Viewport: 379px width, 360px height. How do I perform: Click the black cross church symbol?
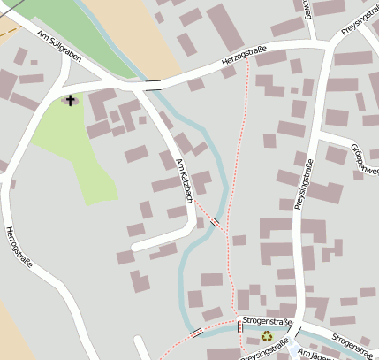click(70, 100)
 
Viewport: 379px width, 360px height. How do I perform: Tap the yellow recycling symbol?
click(266, 335)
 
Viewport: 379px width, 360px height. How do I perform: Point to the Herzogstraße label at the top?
click(244, 60)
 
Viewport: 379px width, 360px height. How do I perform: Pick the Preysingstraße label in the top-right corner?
click(357, 19)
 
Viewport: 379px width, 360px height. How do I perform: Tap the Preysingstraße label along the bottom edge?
click(266, 349)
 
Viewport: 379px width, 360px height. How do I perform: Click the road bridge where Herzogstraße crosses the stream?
click(153, 87)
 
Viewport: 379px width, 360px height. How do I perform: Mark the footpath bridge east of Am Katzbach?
click(214, 222)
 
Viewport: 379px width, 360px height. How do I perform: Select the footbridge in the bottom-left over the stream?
click(195, 333)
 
